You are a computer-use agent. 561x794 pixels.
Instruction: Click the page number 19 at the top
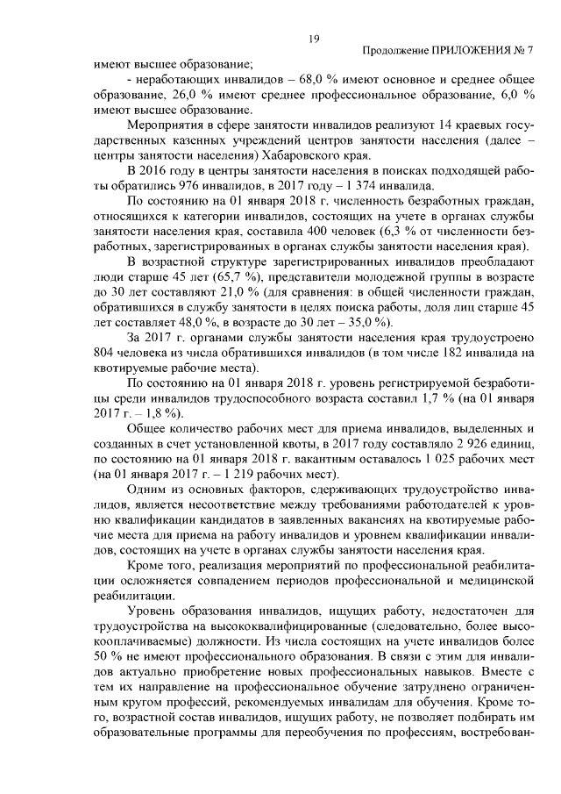pos(313,38)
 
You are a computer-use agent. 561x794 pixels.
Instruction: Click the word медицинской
pos(494,583)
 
